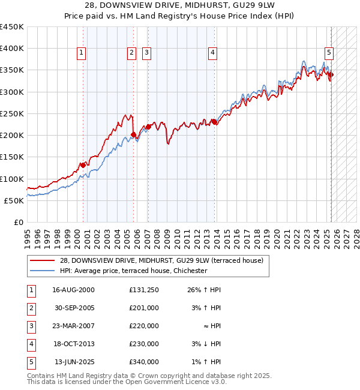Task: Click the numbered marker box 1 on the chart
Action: click(82, 53)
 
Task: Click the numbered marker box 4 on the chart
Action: click(212, 53)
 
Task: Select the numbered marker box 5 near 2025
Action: click(329, 53)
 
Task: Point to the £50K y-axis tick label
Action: click(14, 200)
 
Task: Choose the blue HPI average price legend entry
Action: click(133, 271)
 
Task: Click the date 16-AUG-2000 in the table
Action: click(73, 290)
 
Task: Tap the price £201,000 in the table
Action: click(144, 308)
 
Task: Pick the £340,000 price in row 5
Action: click(144, 362)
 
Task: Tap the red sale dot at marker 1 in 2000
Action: click(83, 165)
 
